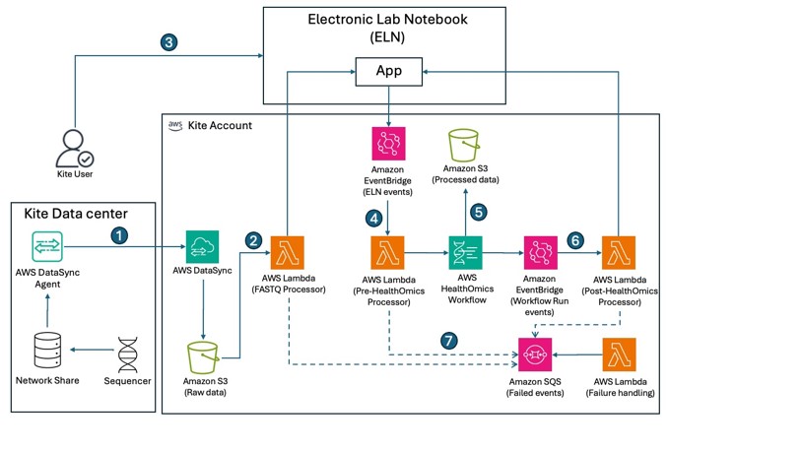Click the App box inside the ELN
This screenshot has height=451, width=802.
coord(389,72)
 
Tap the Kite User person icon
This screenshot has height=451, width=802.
coord(75,149)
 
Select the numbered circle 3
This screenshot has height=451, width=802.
coord(168,42)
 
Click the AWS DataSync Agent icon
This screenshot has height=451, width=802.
coord(47,247)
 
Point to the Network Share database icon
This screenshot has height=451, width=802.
coord(47,351)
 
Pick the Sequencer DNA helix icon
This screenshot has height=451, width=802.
coord(127,354)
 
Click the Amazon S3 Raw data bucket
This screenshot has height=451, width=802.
coord(203,357)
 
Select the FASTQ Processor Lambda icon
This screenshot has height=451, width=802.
coord(287,253)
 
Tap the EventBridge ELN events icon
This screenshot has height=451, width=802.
coord(389,144)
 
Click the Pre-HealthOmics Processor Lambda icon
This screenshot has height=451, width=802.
coord(388,253)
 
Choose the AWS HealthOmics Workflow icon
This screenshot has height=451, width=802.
coord(465,253)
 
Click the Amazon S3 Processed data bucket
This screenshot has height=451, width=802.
coord(464,145)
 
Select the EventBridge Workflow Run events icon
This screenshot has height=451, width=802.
coord(541,253)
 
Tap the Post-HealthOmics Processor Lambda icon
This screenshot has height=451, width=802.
coord(619,253)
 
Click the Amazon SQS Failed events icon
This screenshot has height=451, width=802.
coord(535,354)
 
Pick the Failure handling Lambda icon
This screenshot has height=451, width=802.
coord(620,354)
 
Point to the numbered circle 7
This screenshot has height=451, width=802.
coord(449,341)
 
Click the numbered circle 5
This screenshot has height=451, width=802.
coord(478,212)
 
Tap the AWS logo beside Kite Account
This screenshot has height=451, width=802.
coord(175,126)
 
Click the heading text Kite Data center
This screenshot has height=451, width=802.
coord(76,214)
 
